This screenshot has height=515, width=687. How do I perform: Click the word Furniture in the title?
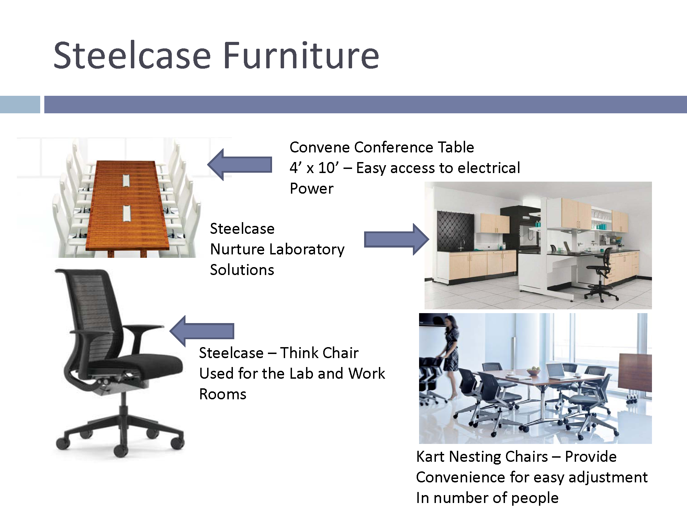(301, 55)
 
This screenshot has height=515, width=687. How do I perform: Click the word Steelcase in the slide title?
(132, 55)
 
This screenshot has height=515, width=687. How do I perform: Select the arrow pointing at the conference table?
(240, 164)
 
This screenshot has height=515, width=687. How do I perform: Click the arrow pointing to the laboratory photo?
(396, 239)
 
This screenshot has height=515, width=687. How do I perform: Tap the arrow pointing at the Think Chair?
(202, 331)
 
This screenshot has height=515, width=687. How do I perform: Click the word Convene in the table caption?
(319, 147)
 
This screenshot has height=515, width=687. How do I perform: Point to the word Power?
(312, 188)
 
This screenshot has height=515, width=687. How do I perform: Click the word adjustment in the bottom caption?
(608, 478)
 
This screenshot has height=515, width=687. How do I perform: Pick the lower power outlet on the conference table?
(126, 213)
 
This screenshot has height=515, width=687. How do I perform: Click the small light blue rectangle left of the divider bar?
(20, 104)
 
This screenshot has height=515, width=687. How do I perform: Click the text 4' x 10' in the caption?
(314, 168)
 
